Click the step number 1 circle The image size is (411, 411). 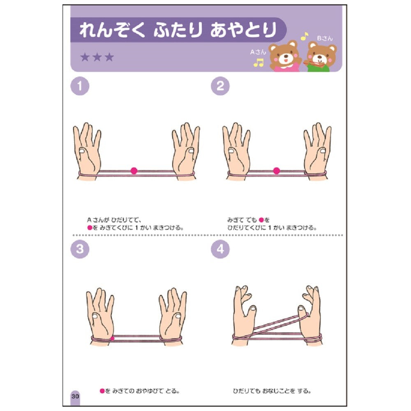pyautogui.click(x=80, y=86)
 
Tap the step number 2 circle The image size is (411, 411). pyautogui.click(x=220, y=86)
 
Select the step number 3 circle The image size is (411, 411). pyautogui.click(x=80, y=249)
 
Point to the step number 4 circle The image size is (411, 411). pyautogui.click(x=220, y=249)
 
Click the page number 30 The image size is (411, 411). pyautogui.click(x=75, y=396)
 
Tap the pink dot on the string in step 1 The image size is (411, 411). pyautogui.click(x=134, y=171)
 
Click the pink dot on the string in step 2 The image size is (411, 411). pyautogui.click(x=277, y=171)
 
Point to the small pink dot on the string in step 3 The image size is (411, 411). pyautogui.click(x=113, y=338)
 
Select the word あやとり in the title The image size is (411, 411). pyautogui.click(x=244, y=30)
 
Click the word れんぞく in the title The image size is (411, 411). pyautogui.click(x=112, y=30)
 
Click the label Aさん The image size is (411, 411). pyautogui.click(x=258, y=52)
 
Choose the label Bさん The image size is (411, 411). pyautogui.click(x=325, y=38)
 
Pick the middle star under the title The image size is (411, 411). pyautogui.click(x=97, y=57)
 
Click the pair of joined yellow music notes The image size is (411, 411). pyautogui.click(x=259, y=62)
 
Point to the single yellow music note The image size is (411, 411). pyautogui.click(x=304, y=36)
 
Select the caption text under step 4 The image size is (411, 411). pyautogui.click(x=272, y=391)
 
